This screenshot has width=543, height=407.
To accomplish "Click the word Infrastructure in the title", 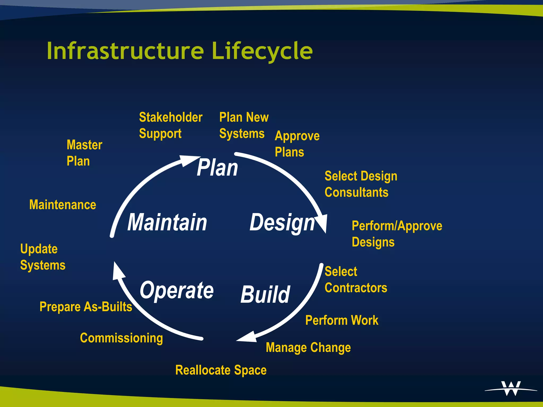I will point(125,51).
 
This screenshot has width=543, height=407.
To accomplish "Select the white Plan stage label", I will point(217,167).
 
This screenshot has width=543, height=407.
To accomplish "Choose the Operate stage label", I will point(177,290).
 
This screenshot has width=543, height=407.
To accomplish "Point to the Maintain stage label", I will point(167,223).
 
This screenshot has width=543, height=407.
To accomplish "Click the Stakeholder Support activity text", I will point(170,125).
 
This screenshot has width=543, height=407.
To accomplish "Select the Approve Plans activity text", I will point(297,144).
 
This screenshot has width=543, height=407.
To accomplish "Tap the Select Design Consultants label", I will point(361,184).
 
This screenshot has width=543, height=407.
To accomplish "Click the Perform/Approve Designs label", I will point(397,234).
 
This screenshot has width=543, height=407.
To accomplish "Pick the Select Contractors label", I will point(355,280).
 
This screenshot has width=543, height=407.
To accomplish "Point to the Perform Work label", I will point(341,320).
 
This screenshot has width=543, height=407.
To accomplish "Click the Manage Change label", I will point(308,347).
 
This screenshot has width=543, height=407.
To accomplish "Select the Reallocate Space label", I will point(221,370).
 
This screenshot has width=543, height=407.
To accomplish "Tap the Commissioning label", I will point(121,338).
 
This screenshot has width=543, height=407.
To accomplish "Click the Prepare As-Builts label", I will point(86,307).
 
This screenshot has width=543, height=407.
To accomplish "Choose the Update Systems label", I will point(42,257).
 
